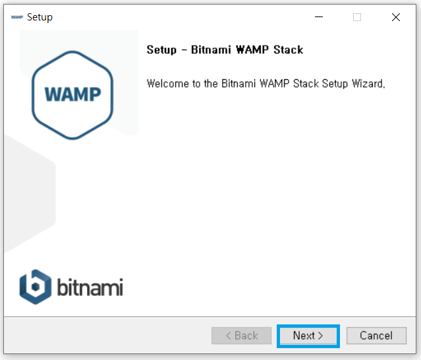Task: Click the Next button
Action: pos(308,336)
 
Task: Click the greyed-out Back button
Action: pos(242,336)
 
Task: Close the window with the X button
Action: pos(395,17)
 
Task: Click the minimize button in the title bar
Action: pos(319,17)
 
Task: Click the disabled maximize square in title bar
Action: pos(357,17)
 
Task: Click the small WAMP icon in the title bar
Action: pos(17,17)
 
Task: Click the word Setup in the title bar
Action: pos(40,17)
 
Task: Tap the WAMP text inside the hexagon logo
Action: pos(72,94)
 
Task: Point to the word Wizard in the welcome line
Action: pos(366,84)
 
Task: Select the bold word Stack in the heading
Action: pos(287,49)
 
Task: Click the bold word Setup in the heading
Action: pos(161,49)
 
